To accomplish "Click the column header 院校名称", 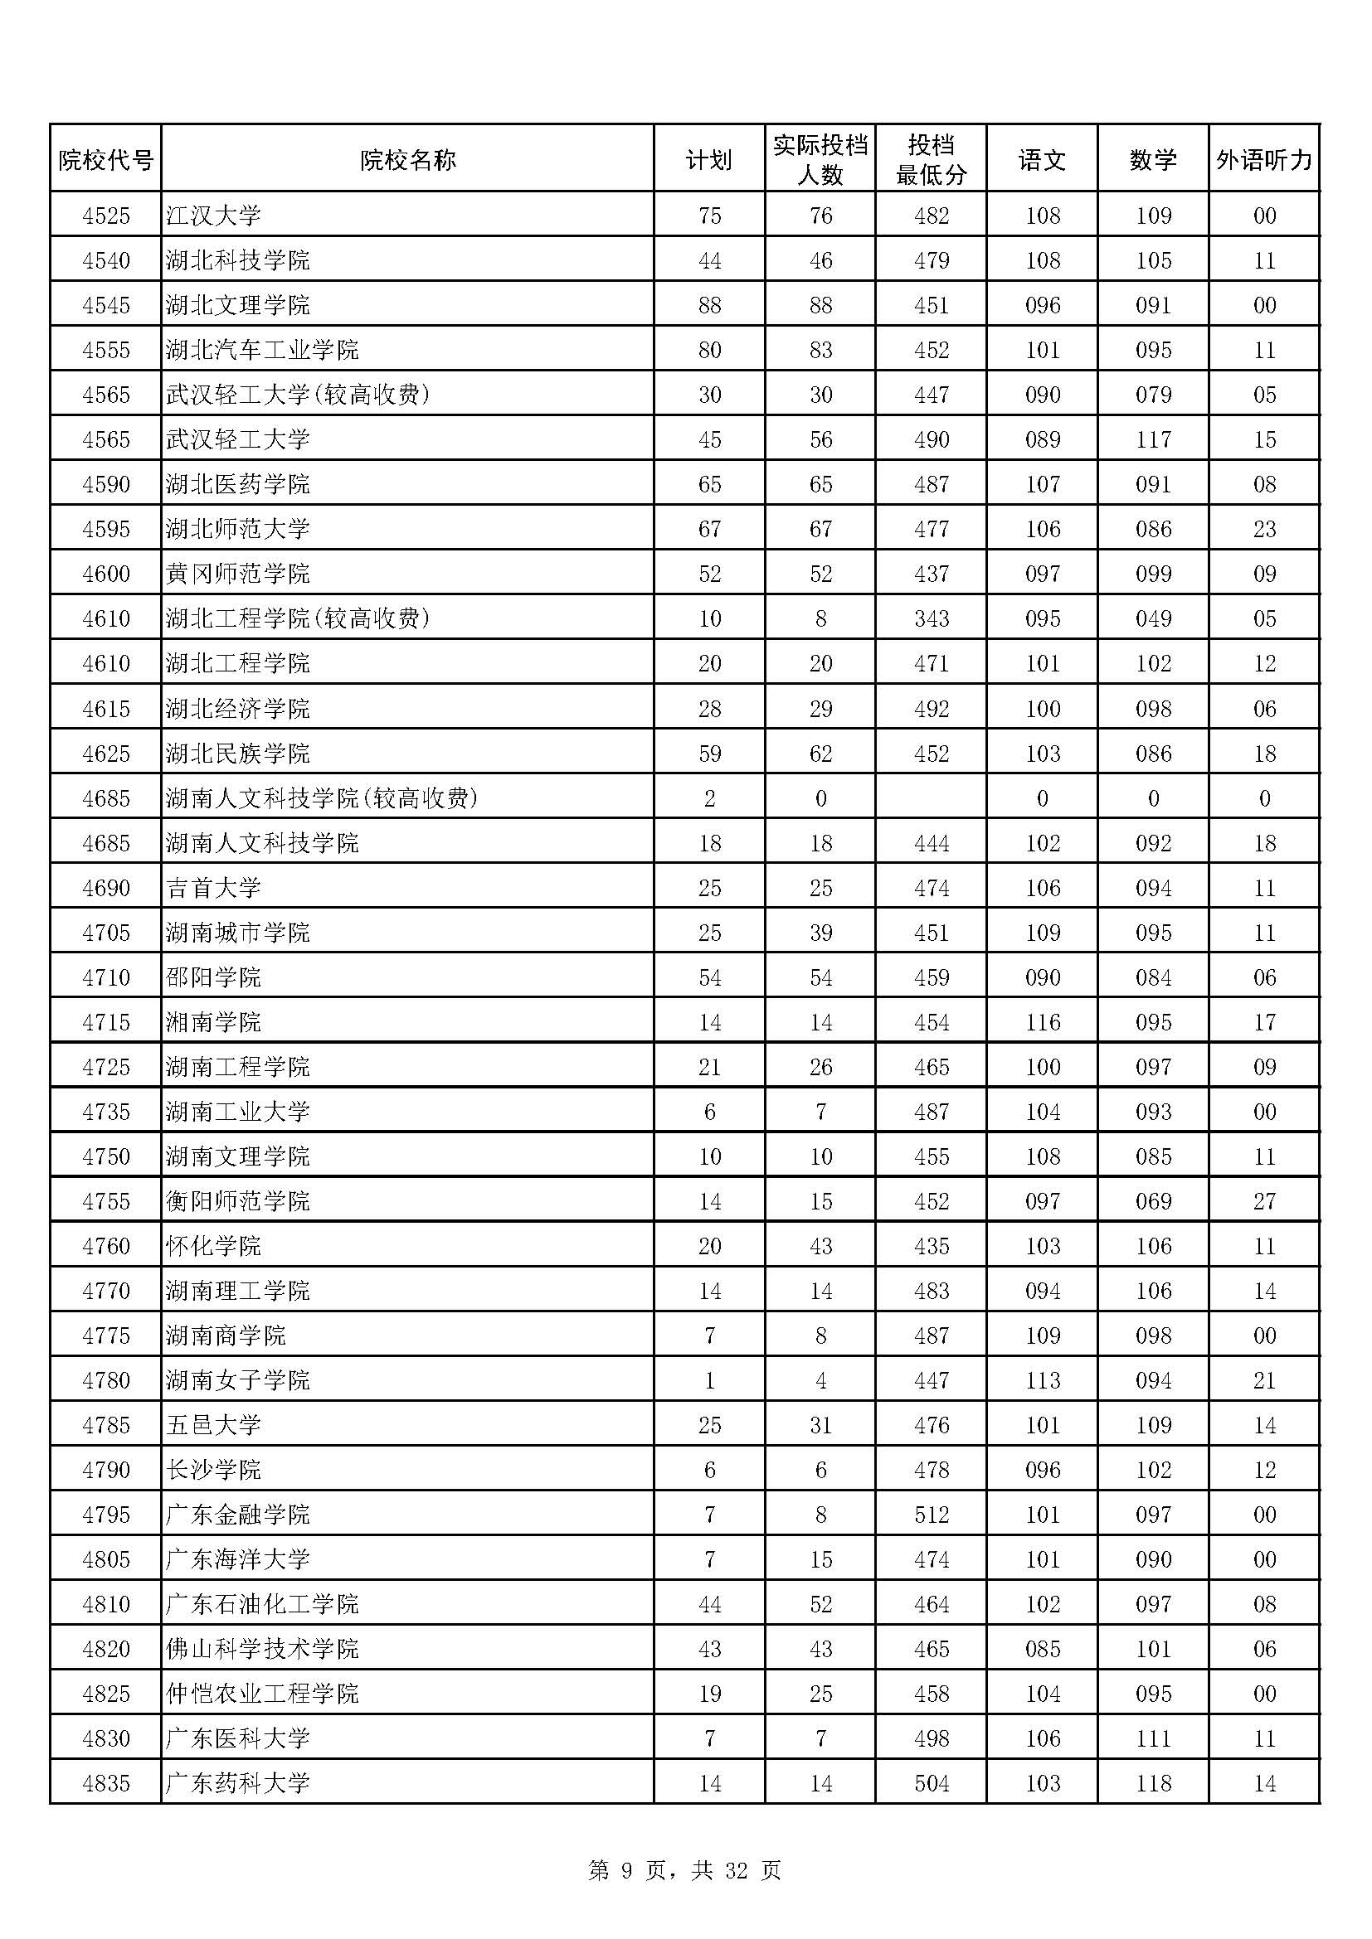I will pos(407,160).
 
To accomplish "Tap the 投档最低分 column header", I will pos(931,160).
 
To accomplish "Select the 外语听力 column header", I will pos(1264,160).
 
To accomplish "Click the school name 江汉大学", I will pos(214,216).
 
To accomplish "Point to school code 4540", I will pos(106,260).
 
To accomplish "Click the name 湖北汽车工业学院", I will pos(262,350).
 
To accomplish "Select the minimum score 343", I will pos(931,618).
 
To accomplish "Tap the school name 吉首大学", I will pos(214,888).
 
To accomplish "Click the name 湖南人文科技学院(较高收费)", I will pos(322,798).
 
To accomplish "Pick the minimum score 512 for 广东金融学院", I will pos(931,1515).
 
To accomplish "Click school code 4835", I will pos(106,1783).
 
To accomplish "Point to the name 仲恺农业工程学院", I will pos(262,1694).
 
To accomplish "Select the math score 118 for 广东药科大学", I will pos(1153,1783).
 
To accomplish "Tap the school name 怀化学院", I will pos(214,1246).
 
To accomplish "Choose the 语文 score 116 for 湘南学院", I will pos(1043,1022).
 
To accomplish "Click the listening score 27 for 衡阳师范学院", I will pos(1264,1201).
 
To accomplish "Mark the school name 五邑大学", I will pos(214,1425).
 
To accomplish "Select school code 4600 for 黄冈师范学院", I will pos(106,574).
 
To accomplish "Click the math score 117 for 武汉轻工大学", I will pos(1153,439).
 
